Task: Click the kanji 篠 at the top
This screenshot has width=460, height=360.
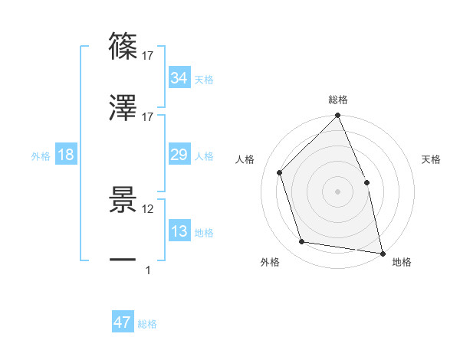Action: (x=123, y=48)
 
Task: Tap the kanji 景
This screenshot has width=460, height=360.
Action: (x=123, y=201)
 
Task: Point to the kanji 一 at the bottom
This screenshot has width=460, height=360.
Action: (x=123, y=260)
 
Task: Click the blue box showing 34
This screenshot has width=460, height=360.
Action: (x=179, y=77)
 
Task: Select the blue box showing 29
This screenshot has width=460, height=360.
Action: (x=179, y=155)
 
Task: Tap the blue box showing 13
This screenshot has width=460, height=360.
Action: (x=179, y=231)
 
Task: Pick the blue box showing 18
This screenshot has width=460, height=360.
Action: (x=66, y=155)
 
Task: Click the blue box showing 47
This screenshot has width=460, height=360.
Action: (x=122, y=322)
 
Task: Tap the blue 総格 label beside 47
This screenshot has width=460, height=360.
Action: (x=147, y=324)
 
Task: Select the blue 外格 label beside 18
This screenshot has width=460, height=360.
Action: (x=41, y=156)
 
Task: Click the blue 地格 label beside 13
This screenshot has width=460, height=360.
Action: (x=204, y=233)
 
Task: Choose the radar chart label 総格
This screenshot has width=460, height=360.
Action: (x=337, y=100)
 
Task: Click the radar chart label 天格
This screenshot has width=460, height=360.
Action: (x=431, y=160)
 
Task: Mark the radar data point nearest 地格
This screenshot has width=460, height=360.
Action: (x=383, y=253)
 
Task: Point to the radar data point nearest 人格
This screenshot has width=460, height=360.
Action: (x=280, y=172)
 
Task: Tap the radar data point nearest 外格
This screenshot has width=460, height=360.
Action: (x=302, y=242)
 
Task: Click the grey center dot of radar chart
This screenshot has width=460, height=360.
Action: (x=337, y=191)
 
